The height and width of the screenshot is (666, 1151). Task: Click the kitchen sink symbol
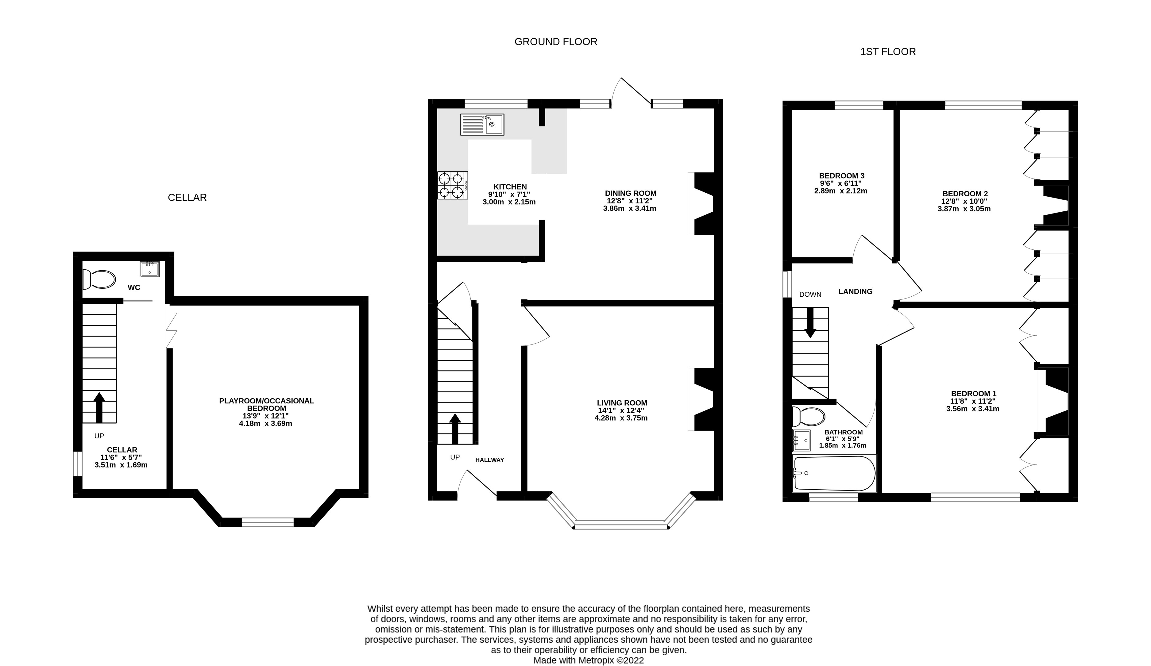[482, 124]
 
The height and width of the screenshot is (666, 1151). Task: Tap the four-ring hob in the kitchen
[453, 185]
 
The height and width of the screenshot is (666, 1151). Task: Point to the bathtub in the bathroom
[834, 473]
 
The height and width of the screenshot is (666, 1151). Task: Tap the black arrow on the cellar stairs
[99, 406]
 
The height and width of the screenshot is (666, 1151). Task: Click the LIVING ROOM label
[622, 402]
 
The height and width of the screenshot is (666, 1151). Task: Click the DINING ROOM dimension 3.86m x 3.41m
[629, 209]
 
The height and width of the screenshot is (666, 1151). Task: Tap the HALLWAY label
[489, 460]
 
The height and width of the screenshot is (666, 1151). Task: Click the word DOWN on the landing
[810, 295]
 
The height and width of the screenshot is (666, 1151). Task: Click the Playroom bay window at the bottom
[267, 522]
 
